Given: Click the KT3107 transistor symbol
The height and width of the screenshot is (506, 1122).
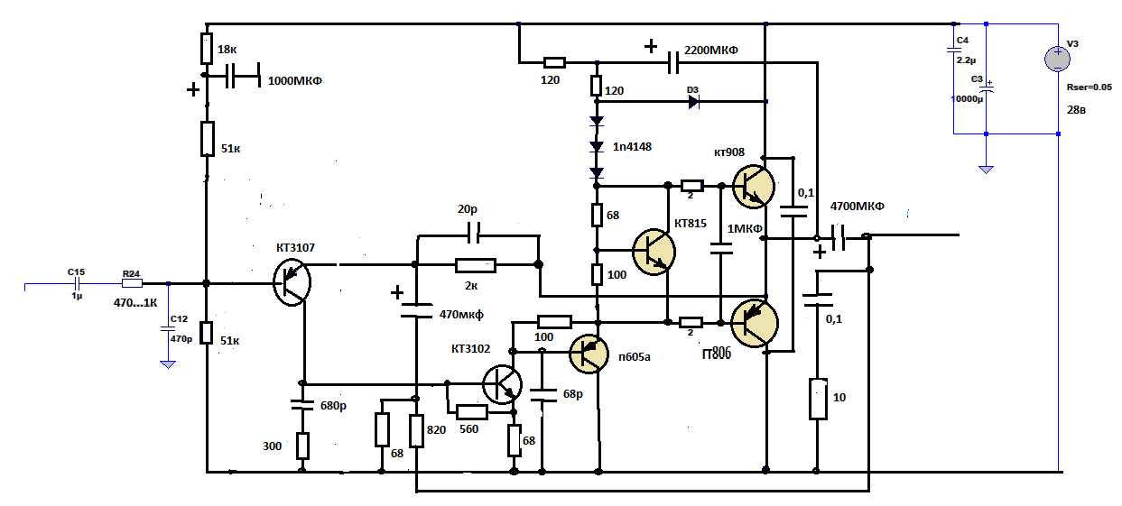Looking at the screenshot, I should [291, 283].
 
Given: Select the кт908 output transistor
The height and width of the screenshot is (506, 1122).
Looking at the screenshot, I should [754, 186].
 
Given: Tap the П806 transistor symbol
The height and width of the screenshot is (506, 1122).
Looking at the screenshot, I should [755, 322].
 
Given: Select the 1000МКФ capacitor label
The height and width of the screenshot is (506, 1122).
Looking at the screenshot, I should [295, 80].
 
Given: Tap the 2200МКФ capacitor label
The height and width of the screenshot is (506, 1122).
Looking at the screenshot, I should [711, 50].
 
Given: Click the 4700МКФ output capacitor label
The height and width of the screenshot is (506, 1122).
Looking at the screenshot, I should [857, 206].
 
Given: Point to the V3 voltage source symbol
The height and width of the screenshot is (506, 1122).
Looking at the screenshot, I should [1057, 59].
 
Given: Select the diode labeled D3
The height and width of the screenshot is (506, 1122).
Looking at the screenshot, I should [693, 101].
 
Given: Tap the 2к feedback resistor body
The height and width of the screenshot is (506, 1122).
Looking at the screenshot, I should [476, 265].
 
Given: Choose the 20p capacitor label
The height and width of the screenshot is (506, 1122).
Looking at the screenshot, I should [468, 209].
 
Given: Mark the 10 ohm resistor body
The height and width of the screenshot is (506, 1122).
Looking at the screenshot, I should [818, 400].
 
